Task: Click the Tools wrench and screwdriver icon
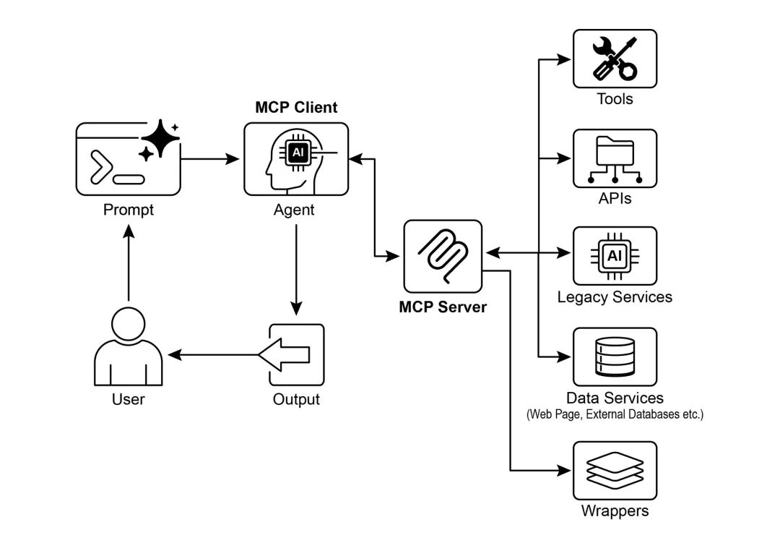[x=615, y=59]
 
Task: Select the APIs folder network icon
[x=615, y=159]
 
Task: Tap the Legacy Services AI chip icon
[x=615, y=256]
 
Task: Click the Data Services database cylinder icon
[x=615, y=356]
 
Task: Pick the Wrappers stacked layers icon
[x=615, y=470]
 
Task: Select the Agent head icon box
[x=295, y=159]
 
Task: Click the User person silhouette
[x=129, y=346]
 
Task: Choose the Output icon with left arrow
[x=295, y=355]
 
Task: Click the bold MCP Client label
[x=296, y=108]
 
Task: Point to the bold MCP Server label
[x=443, y=307]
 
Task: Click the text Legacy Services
[x=615, y=297]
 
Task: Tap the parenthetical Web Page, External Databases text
[x=615, y=415]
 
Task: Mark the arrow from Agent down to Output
[x=295, y=267]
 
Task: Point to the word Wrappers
[x=615, y=511]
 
